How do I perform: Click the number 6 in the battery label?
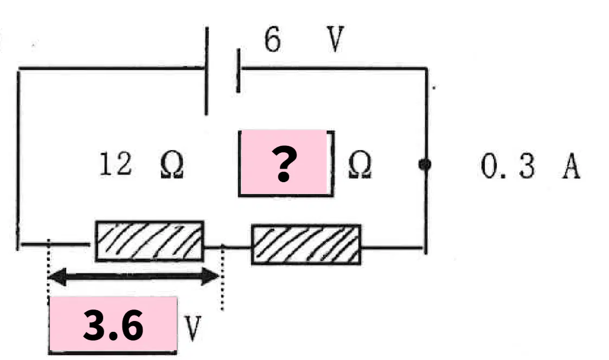point(272,39)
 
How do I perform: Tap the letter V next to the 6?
point(335,39)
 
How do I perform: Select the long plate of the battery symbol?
point(207,71)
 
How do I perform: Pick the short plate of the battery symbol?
point(239,71)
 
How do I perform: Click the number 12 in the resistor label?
point(116,164)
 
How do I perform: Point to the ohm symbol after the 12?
point(172,165)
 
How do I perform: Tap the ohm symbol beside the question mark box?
point(360,165)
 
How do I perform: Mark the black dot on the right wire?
point(425,165)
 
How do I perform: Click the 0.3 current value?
point(508,165)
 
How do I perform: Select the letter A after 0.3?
point(571,166)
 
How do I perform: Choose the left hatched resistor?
point(150,241)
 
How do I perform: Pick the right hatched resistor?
point(306,245)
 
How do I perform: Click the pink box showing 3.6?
point(113,325)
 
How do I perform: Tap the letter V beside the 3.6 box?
point(193,328)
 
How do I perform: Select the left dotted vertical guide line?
point(48,272)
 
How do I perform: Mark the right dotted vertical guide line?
point(222,277)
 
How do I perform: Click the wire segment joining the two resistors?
point(228,247)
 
